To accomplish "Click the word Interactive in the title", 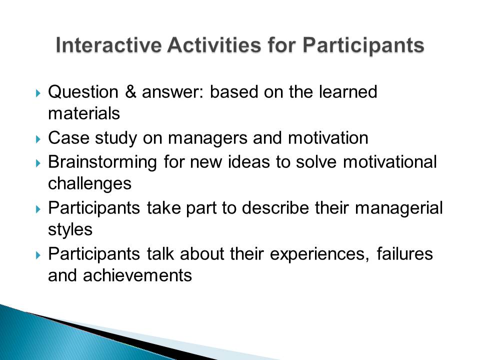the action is coord(108,45).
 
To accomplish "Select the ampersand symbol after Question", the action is coord(130,91).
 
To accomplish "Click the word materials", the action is coord(84,113).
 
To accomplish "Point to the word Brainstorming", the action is coord(102,162).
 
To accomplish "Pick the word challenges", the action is coord(89,184).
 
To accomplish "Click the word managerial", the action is coord(399,208).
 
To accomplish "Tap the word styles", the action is coord(70,230).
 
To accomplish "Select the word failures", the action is coord(404,254).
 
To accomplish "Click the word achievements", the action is coord(137,275).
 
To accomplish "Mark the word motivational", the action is coord(389,162).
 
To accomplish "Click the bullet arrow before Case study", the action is coord(38,139).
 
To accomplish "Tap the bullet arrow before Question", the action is coord(38,93).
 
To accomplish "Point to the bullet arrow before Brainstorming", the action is coord(38,163).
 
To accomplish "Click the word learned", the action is coord(348,91).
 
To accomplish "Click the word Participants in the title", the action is coord(363,46).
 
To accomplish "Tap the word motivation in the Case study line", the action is coord(328,138).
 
